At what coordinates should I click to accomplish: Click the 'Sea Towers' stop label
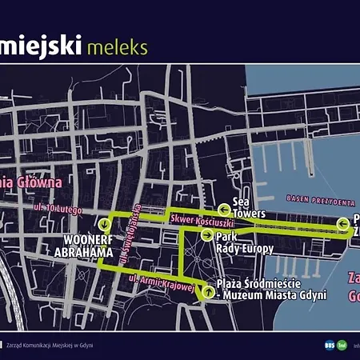click(x=248, y=209)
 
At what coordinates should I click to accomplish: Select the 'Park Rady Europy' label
click(x=244, y=242)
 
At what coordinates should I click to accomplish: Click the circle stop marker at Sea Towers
click(x=225, y=210)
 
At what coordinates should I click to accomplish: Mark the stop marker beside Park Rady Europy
click(x=207, y=235)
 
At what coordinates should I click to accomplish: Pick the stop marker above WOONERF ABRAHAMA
click(x=104, y=225)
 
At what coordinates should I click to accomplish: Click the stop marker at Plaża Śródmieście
click(x=209, y=292)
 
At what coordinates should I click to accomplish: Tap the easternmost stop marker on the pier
click(x=343, y=224)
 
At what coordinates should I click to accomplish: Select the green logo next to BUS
click(x=342, y=345)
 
